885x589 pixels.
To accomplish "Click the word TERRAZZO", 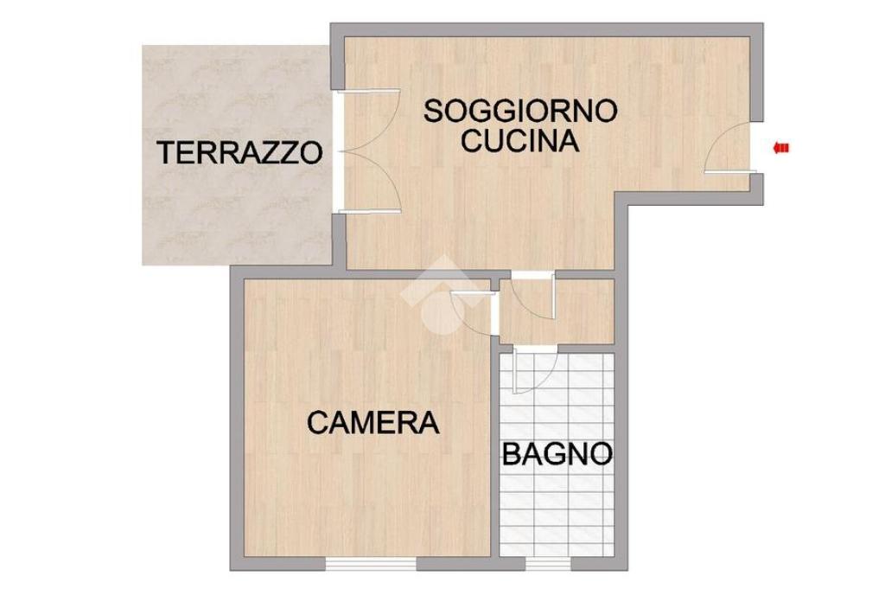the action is pos(240,152).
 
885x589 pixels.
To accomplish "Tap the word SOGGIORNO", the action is pos(519,111).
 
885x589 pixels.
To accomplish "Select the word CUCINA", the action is pos(519,141).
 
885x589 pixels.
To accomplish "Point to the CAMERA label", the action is pos(373,422).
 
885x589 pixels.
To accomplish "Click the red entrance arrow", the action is pos(780,149).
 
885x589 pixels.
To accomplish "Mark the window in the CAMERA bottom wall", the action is pos(372,564).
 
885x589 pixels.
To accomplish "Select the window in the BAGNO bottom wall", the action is pos(548,564).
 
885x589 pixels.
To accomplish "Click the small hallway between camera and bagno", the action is pos(557,311).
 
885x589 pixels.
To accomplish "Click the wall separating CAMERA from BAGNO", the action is pos(493,451).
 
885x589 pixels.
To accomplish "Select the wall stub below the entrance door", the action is pos(757,189).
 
